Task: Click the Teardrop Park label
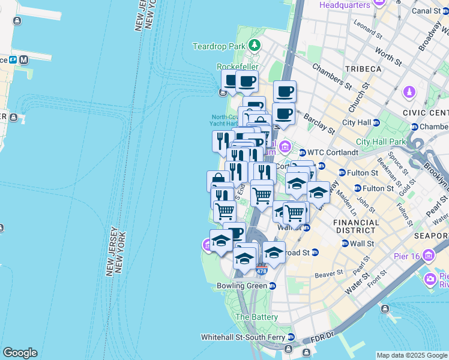click(x=219, y=46)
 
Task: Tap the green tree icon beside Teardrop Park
click(x=255, y=45)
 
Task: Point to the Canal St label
click(x=426, y=10)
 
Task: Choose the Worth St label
click(x=388, y=58)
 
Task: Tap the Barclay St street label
click(x=319, y=123)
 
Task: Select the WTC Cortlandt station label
click(x=333, y=152)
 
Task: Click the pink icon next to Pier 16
click(x=429, y=256)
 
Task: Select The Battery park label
click(x=256, y=317)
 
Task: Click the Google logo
click(x=20, y=353)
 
